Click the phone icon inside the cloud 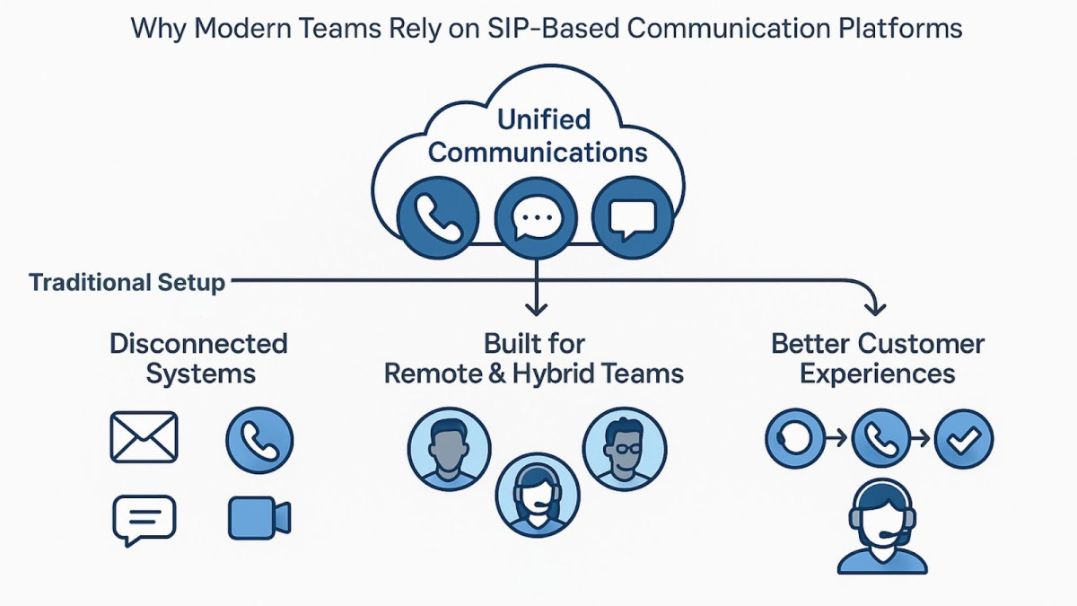pyautogui.click(x=435, y=218)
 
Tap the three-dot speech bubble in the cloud pyautogui.click(x=536, y=218)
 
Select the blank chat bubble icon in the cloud pyautogui.click(x=634, y=218)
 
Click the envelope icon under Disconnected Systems pyautogui.click(x=144, y=438)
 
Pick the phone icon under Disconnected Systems pyautogui.click(x=259, y=439)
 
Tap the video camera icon pyautogui.click(x=258, y=518)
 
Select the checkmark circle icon pyautogui.click(x=963, y=439)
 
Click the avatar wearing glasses pyautogui.click(x=625, y=452)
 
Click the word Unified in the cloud pyautogui.click(x=544, y=119)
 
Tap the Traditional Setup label pyautogui.click(x=127, y=283)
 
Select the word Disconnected pyautogui.click(x=198, y=344)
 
